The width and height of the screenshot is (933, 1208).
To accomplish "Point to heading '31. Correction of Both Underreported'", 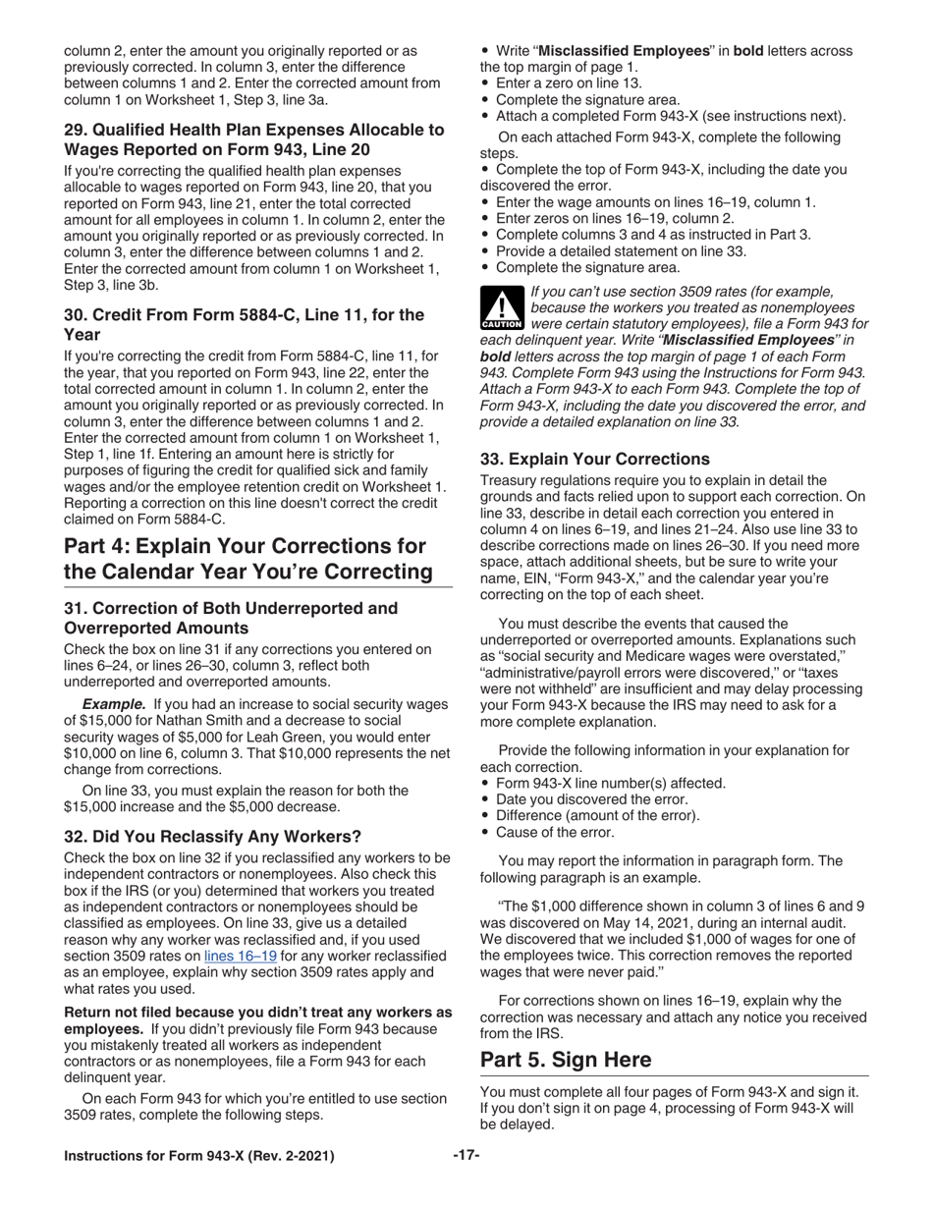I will [231, 618].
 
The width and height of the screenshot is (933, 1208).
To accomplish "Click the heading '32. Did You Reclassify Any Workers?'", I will [212, 836].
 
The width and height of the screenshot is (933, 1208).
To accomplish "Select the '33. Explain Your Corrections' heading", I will [594, 459].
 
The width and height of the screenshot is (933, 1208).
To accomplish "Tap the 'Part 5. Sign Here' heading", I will [565, 1060].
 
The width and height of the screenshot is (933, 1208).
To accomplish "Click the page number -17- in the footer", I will [466, 1156].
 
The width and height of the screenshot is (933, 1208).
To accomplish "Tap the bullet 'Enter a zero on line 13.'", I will [569, 83].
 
